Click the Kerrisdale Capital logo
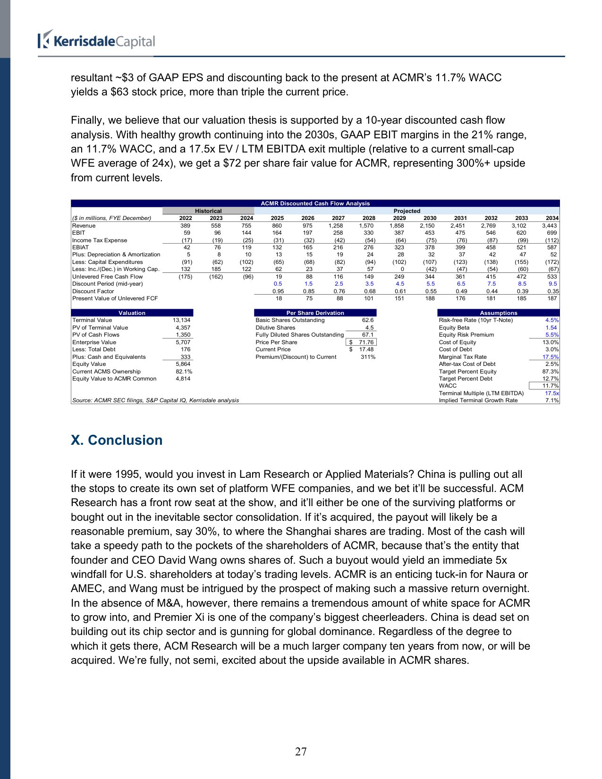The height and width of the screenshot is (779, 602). (x=96, y=40)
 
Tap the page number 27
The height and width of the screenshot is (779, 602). (x=301, y=752)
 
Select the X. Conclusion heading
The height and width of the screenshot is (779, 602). (x=117, y=440)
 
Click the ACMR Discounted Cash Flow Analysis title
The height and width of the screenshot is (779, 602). (x=315, y=203)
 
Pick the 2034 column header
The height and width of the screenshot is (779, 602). (x=552, y=218)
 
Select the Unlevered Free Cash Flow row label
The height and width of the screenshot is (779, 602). (x=108, y=277)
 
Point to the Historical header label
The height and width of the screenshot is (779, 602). (x=208, y=211)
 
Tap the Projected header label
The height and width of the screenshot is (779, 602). (x=407, y=211)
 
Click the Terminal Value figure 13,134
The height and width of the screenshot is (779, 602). (x=182, y=320)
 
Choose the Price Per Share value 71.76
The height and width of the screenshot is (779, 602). (x=366, y=342)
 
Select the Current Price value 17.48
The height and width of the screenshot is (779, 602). (x=366, y=349)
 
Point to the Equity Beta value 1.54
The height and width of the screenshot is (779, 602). (x=551, y=328)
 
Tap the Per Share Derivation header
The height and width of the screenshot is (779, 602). (x=315, y=313)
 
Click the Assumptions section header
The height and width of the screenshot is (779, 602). (x=498, y=313)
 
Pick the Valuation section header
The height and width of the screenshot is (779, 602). (x=132, y=313)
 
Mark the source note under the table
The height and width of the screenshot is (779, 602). (x=156, y=400)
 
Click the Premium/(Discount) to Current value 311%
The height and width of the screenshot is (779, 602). (x=368, y=357)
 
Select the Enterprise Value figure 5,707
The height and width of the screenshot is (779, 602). (x=183, y=342)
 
